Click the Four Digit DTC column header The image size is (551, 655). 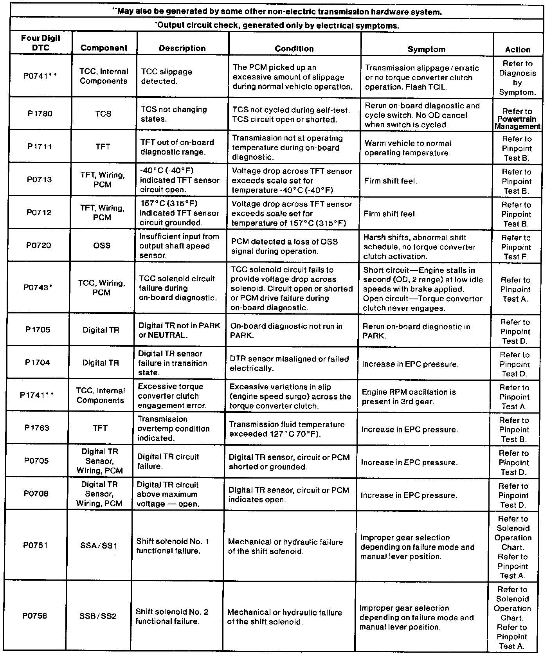click(41, 43)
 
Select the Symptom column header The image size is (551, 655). click(426, 49)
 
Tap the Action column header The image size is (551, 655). click(517, 50)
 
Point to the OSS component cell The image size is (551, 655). click(102, 246)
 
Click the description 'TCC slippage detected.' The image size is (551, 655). click(167, 77)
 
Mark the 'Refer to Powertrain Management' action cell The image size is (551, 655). click(517, 119)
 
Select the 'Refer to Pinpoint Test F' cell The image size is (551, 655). click(516, 247)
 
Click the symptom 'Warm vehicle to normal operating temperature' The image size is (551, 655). click(408, 148)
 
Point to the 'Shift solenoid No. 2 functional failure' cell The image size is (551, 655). click(172, 616)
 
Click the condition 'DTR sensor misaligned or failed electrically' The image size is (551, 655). click(289, 363)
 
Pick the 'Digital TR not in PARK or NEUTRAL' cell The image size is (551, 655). click(179, 330)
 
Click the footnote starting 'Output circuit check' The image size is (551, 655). click(277, 26)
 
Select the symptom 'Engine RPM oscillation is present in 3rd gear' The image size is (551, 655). click(409, 396)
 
